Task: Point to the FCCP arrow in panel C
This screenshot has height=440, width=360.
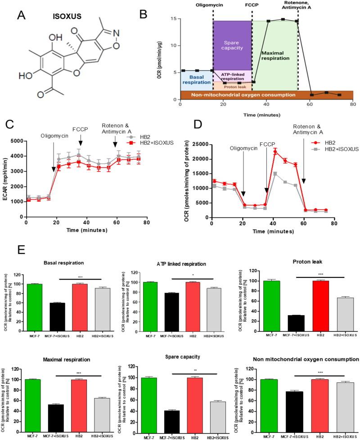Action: coord(81,154)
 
